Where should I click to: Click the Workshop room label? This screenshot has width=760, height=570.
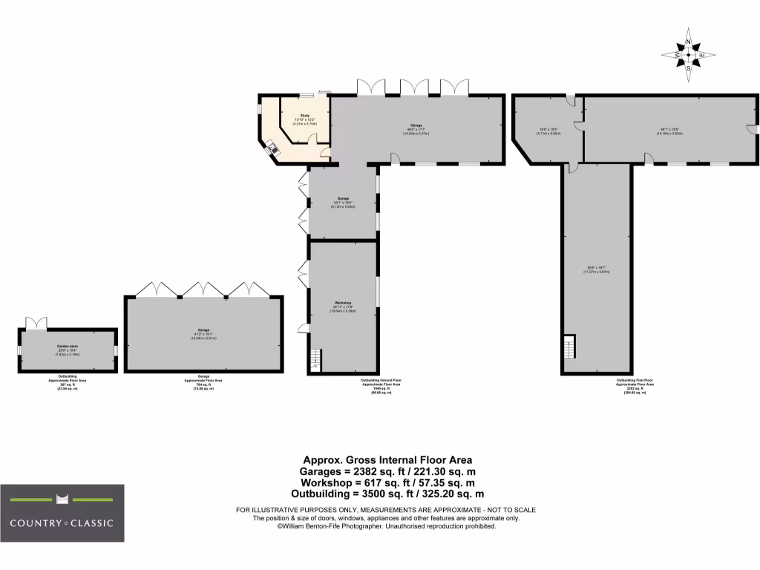[342, 303]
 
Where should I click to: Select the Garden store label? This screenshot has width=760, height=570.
[68, 346]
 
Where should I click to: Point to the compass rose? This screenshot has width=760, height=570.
[688, 55]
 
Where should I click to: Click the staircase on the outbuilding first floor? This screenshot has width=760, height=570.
[569, 347]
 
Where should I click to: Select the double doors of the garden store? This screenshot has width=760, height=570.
[36, 323]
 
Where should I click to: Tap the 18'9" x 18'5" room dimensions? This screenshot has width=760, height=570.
[548, 130]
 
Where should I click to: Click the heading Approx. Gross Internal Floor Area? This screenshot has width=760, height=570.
[386, 460]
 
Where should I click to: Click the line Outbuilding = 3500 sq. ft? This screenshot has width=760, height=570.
[386, 494]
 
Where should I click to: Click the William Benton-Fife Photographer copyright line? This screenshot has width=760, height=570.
[386, 526]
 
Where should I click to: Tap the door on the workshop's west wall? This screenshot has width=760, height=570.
[303, 328]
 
